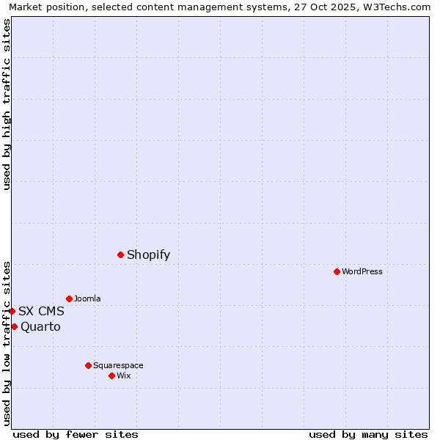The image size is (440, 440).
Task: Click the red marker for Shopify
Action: tap(120, 254)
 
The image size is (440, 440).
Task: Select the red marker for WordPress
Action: tap(337, 271)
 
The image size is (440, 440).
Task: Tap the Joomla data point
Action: tap(69, 298)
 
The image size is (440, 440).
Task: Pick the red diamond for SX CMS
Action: tap(12, 311)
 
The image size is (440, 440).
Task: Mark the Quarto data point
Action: tap(14, 326)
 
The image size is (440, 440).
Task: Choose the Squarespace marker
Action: tap(88, 365)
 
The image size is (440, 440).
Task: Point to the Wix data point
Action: tap(111, 375)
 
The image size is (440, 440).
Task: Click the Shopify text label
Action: tap(148, 254)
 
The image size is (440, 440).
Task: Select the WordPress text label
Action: tap(362, 271)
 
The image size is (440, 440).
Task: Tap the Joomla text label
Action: tap(87, 298)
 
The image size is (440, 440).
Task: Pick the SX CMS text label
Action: tap(41, 311)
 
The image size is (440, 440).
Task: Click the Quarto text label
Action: tap(40, 326)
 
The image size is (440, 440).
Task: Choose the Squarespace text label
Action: tap(118, 365)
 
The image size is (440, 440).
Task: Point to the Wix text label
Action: tap(124, 375)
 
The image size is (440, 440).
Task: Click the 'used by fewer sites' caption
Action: tap(76, 434)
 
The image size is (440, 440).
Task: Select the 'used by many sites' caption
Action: tap(368, 434)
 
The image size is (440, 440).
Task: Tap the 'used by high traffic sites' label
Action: tap(7, 104)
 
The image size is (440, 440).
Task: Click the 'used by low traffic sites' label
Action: tap(7, 342)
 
